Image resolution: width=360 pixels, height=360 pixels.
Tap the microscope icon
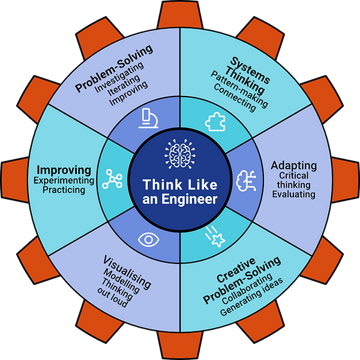coord(146,118)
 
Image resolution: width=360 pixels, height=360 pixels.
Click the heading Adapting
coord(293,165)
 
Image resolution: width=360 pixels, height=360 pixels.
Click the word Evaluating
coord(292,194)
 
